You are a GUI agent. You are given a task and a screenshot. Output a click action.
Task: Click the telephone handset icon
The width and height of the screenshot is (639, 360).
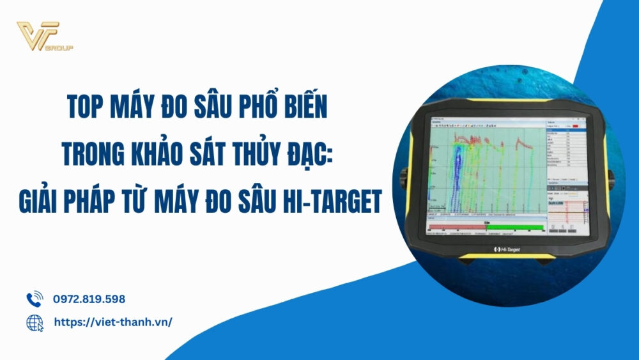pos(34,299)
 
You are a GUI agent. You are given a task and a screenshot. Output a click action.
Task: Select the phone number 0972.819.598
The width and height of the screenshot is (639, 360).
pos(89,299)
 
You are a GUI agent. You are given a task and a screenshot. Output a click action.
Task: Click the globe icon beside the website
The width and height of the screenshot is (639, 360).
pos(34,323)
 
